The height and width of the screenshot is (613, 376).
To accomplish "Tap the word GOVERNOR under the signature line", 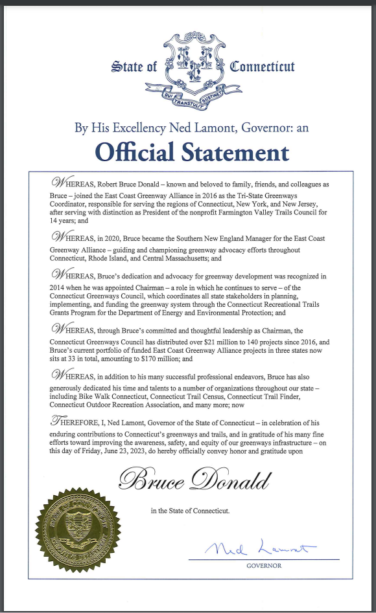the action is [264, 566].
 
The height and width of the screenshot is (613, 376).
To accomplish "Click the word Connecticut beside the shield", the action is [263, 67].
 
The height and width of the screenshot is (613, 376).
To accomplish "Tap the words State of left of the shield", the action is [134, 67].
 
